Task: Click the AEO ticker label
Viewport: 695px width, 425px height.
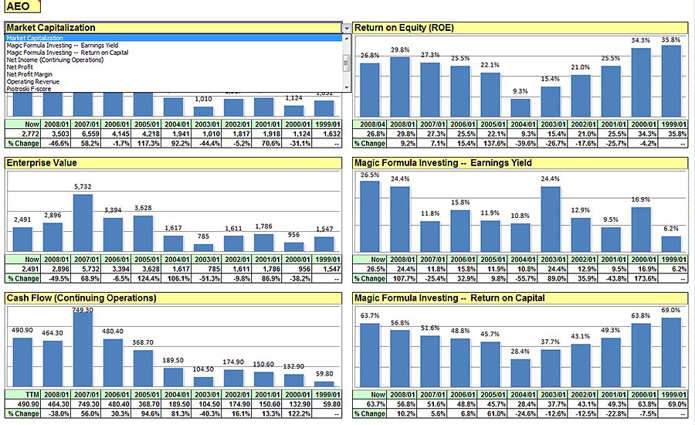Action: (x=18, y=7)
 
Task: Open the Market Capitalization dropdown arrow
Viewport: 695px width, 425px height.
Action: (x=346, y=28)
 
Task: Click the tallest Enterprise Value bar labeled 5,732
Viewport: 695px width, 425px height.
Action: (x=83, y=223)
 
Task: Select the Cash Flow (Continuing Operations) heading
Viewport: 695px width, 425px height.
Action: (x=81, y=297)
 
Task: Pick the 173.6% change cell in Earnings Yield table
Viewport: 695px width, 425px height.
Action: (x=642, y=278)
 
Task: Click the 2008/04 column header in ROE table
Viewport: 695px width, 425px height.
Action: (x=370, y=124)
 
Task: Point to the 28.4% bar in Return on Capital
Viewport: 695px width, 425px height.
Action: (x=520, y=372)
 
